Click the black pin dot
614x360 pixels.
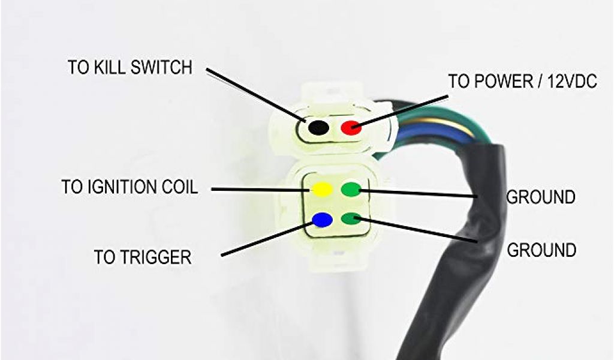coord(318,128)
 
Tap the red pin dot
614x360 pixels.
coord(350,127)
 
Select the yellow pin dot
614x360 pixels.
coord(322,190)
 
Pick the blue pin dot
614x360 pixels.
coord(322,220)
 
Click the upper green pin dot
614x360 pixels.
coord(350,190)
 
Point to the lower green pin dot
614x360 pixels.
coord(351,218)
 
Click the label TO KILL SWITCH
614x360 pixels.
coord(130,67)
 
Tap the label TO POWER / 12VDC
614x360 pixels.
coord(522,82)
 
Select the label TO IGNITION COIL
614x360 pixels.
coord(129,187)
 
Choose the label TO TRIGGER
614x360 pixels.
coord(143,257)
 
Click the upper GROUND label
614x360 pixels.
coord(541,197)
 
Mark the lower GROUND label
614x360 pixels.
coord(541,250)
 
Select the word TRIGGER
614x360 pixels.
coord(159,257)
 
